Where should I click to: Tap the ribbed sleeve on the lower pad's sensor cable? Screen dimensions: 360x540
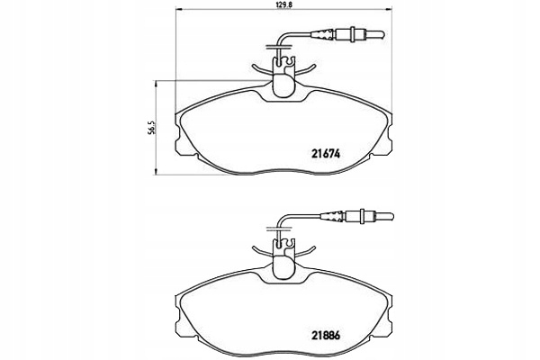pyautogui.click(x=337, y=215)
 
